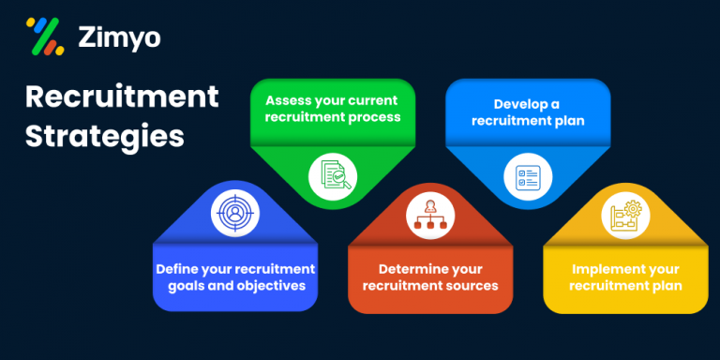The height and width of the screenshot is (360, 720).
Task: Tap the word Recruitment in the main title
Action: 122,96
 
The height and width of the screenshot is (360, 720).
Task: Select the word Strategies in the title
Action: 104,135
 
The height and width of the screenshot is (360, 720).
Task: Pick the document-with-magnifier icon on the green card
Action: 334,173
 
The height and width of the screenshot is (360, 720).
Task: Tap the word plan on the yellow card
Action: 665,285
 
